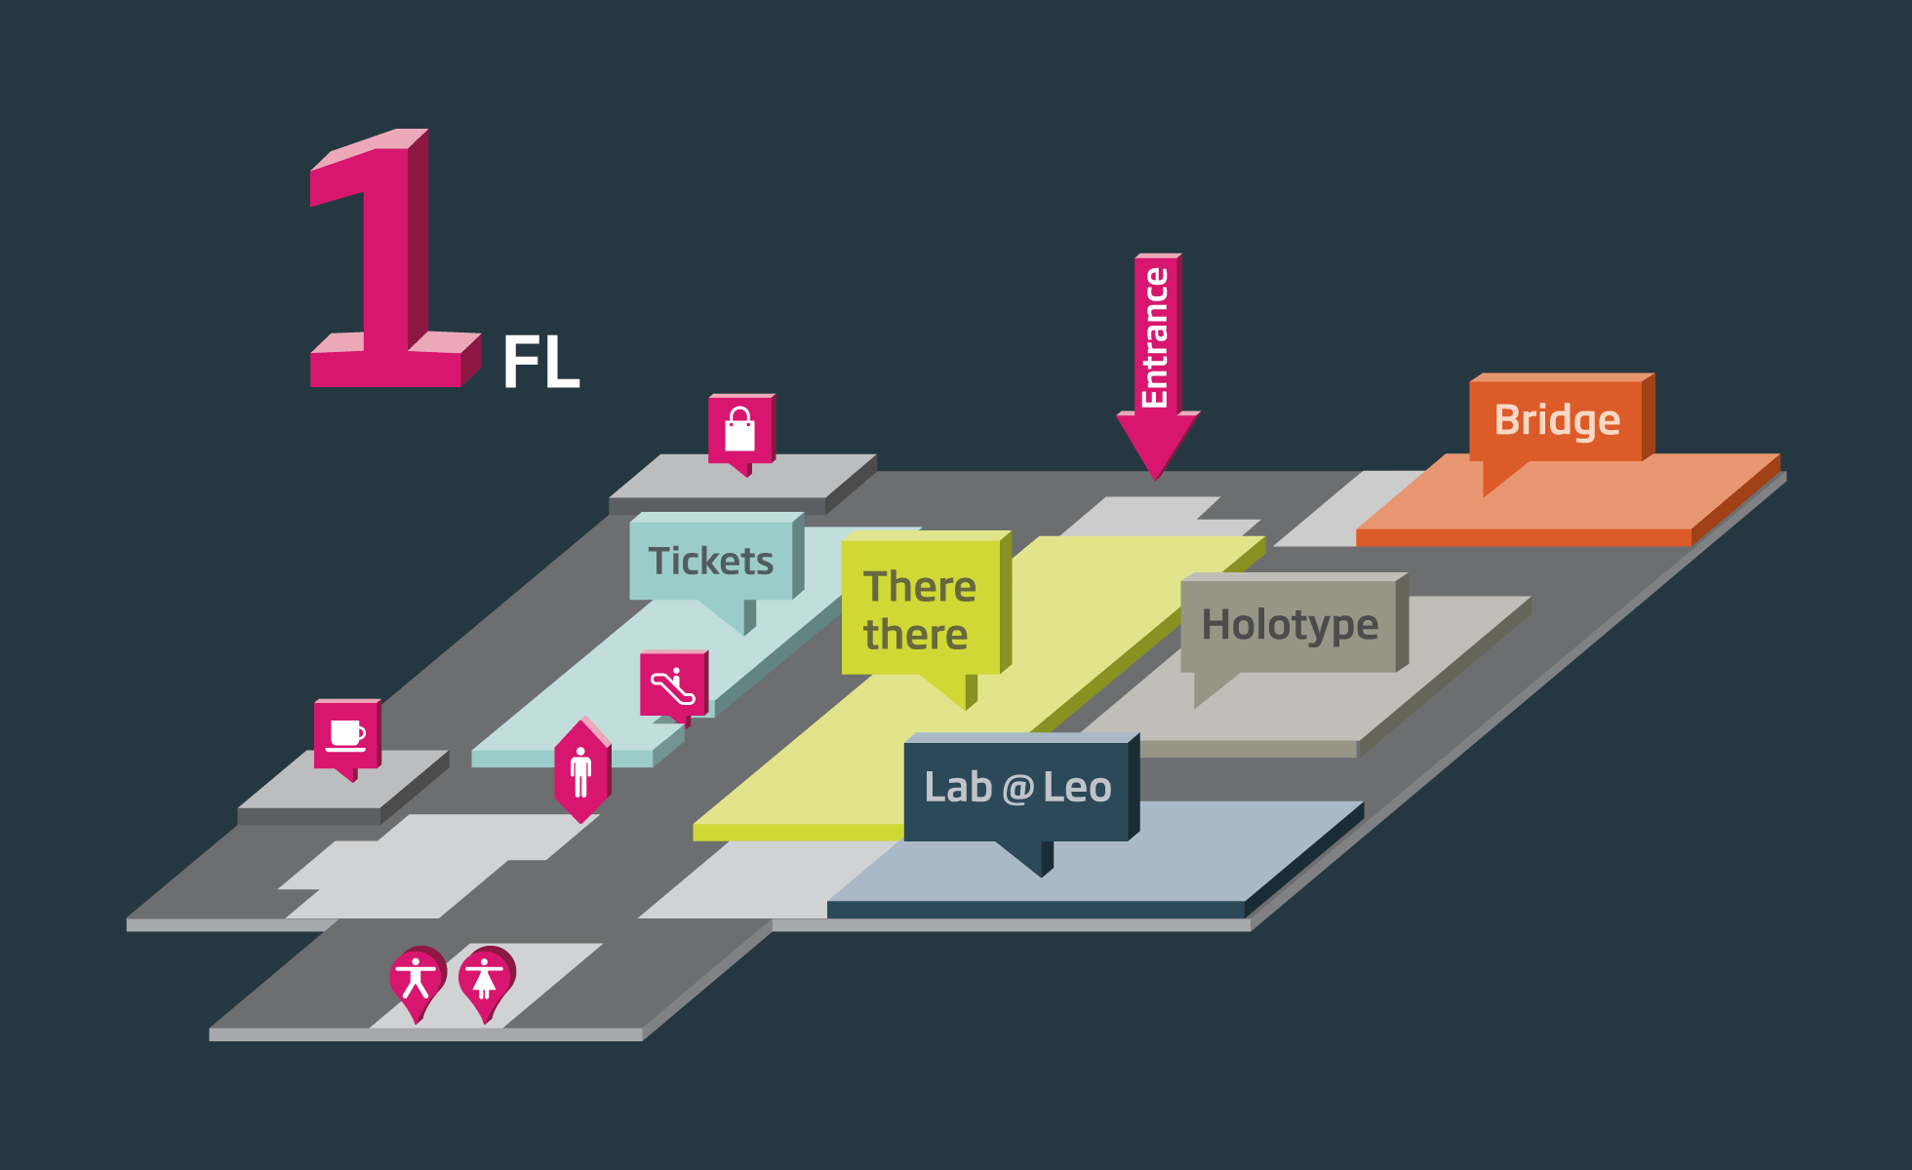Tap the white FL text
pyautogui.click(x=540, y=363)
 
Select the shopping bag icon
pyautogui.click(x=740, y=429)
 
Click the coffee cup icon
pyautogui.click(x=347, y=734)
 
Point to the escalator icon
pyautogui.click(x=673, y=684)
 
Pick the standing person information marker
pyautogui.click(x=581, y=771)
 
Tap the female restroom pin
pyautogui.click(x=485, y=978)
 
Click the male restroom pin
pyautogui.click(x=417, y=978)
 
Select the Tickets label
pyautogui.click(x=710, y=561)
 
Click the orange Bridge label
pyautogui.click(x=1557, y=419)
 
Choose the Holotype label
pyautogui.click(x=1290, y=624)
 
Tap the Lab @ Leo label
pyautogui.click(x=1016, y=787)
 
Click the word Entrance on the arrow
pyautogui.click(x=1156, y=336)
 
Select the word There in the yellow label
pyautogui.click(x=919, y=586)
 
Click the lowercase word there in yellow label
pyautogui.click(x=915, y=635)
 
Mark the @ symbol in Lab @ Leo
pyautogui.click(x=1017, y=788)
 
